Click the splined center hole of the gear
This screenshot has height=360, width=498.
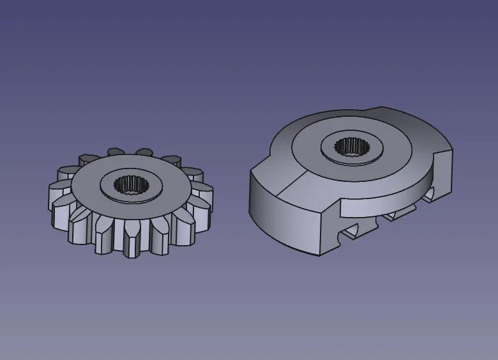pyautogui.click(x=131, y=186)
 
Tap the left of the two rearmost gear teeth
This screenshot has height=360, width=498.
pyautogui.click(x=116, y=152)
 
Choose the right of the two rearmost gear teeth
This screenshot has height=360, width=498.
pyautogui.click(x=144, y=152)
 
